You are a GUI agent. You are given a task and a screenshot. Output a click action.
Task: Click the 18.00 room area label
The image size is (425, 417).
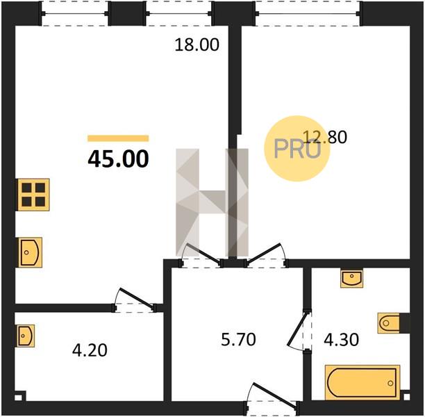197,44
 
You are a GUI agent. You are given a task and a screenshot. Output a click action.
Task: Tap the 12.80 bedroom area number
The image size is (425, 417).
325,137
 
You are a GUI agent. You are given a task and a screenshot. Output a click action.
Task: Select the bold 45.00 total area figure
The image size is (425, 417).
118,159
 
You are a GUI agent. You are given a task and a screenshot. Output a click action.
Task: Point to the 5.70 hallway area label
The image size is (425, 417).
238,340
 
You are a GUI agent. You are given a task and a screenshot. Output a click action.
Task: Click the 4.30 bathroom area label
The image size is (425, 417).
342,340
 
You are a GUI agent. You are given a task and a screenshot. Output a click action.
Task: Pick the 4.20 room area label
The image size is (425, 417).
90,350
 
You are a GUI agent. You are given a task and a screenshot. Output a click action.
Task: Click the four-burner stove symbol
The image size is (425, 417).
33,195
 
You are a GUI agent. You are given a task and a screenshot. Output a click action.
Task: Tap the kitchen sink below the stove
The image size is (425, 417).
30,252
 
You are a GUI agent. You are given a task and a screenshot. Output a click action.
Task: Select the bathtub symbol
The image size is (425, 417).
362,382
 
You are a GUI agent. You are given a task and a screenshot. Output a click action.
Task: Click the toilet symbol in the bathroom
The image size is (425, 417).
389,323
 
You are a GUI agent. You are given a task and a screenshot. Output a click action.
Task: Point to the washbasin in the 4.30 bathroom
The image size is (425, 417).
351,279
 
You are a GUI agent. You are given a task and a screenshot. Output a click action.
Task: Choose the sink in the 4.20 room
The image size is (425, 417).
26,336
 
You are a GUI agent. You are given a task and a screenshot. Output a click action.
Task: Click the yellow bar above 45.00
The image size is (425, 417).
118,138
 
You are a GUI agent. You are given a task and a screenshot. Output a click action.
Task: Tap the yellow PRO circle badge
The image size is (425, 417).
297,149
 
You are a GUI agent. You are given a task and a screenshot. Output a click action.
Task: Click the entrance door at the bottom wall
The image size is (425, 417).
274,395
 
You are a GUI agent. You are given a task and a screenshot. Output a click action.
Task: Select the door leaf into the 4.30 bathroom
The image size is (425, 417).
297,330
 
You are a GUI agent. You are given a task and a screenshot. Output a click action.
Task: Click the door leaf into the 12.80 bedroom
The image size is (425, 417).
263,253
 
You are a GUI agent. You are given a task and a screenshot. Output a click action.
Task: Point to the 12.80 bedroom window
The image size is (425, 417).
308,13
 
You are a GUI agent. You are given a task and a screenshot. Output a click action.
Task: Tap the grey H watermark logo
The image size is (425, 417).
212,202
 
